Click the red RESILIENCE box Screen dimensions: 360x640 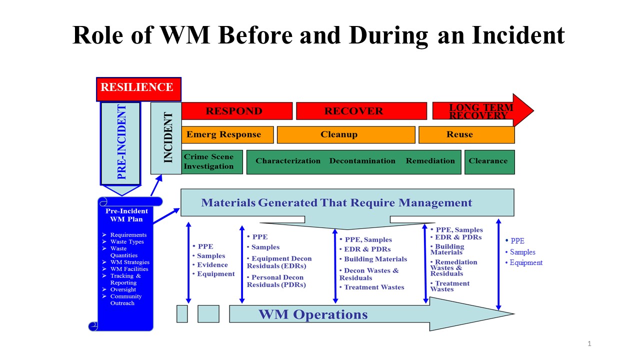138,88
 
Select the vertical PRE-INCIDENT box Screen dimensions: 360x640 120,143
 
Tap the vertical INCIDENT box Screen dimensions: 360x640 166,138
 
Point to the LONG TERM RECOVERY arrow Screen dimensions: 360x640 480,111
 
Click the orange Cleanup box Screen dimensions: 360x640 346,134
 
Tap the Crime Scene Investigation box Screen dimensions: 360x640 212,161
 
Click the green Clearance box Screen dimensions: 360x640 489,161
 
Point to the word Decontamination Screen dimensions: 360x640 362,161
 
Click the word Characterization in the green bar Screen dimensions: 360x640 288,161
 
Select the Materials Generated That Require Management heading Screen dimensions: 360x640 336,202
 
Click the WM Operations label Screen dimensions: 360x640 313,314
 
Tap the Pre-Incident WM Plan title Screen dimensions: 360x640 127,215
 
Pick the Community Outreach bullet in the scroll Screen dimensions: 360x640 125,299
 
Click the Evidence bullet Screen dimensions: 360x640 212,265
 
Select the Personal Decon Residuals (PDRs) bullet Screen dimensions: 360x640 276,281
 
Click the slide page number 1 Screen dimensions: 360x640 589,343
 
